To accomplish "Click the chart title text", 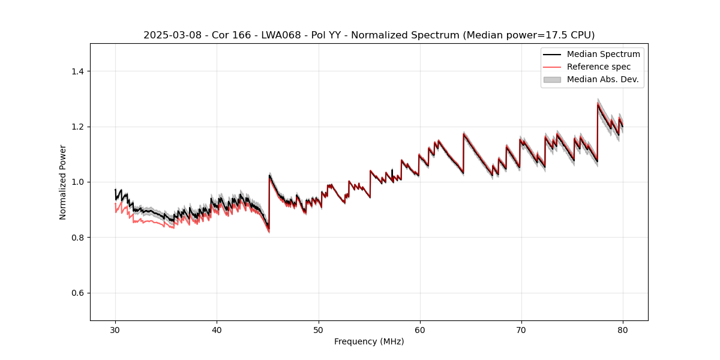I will point(369,35).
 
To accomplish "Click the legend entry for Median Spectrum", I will point(603,54).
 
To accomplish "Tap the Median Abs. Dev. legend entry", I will point(602,79).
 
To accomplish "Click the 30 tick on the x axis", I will point(115,330).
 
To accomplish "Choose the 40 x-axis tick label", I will point(217,330).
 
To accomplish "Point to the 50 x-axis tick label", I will point(319,330).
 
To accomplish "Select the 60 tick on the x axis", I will point(420,330).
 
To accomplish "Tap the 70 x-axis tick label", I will point(521,330).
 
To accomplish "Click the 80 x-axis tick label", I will point(623,330).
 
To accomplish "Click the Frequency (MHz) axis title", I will point(369,342).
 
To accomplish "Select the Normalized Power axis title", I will point(63,182).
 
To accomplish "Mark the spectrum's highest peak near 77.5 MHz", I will point(598,104).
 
